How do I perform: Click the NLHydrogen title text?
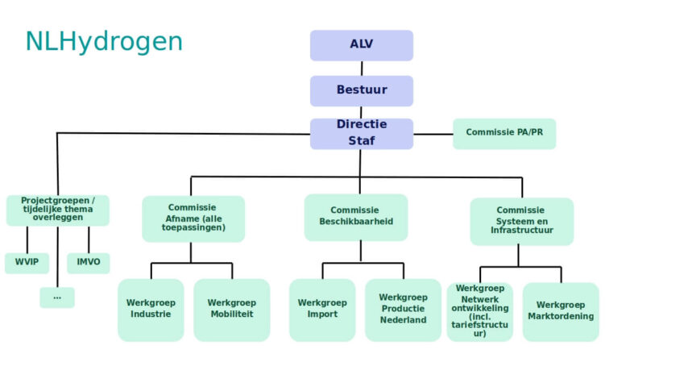coord(104,42)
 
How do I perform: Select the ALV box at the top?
coord(361,45)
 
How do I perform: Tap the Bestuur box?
coord(361,91)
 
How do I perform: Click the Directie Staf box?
coord(361,134)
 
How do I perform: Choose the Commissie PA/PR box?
coord(504,133)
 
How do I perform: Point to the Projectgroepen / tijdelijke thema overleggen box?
coord(58,210)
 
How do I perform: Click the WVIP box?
coord(27,263)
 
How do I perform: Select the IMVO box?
coord(89,263)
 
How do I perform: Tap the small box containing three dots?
coord(57,298)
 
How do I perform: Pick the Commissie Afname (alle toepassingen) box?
coord(193,218)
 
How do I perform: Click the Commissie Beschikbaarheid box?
coord(356,217)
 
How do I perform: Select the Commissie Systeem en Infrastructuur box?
coord(521,221)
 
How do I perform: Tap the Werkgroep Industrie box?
coord(151,310)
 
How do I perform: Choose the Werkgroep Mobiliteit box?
coord(231,310)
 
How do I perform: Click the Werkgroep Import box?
coord(322,310)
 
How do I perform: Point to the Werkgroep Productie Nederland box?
coord(403,310)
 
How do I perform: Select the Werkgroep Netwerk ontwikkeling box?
coord(479,311)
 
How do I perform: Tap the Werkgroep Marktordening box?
coord(561,311)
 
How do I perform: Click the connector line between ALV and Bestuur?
coord(362,69)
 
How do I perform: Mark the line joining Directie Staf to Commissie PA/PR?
coord(433,134)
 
